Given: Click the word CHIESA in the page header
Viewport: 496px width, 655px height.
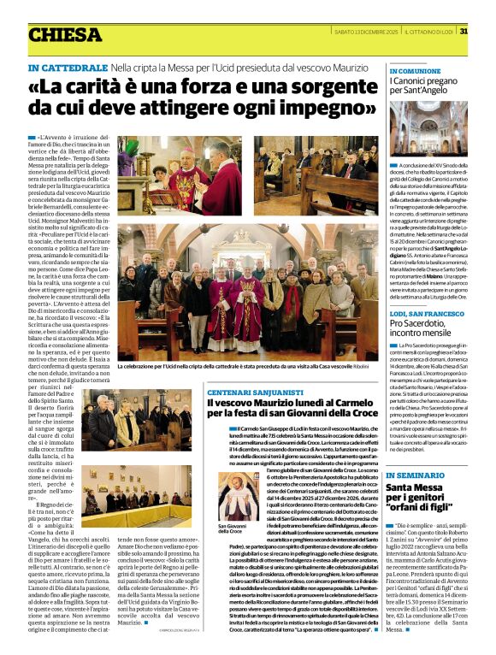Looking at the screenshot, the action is tap(65, 35).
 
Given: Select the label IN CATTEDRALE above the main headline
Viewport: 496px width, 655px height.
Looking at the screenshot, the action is tap(66, 67).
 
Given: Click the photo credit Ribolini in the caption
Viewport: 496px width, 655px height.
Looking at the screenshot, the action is tap(361, 366).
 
